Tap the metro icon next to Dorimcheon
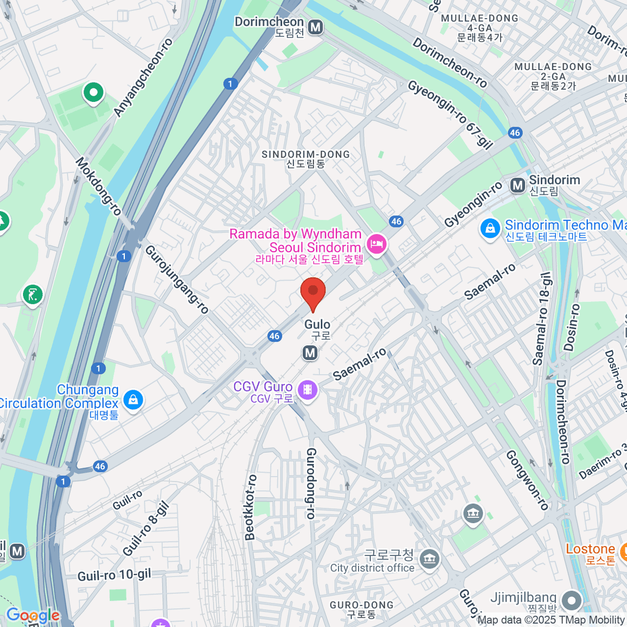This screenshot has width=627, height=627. coord(316,27)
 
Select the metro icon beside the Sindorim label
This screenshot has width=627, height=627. coord(518,185)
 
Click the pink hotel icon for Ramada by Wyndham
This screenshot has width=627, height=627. coord(376,243)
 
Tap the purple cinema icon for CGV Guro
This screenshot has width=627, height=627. coord(307,389)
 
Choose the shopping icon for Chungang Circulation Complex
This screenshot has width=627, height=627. coord(133,400)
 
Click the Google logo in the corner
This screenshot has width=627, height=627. coord(32,616)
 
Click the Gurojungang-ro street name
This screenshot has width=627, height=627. coord(177,279)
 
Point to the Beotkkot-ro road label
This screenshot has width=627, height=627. coord(251,507)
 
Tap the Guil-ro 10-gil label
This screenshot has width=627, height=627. coord(114,575)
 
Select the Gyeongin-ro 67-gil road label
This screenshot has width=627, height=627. coord(450,115)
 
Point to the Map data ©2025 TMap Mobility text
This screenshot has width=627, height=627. coord(551,620)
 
